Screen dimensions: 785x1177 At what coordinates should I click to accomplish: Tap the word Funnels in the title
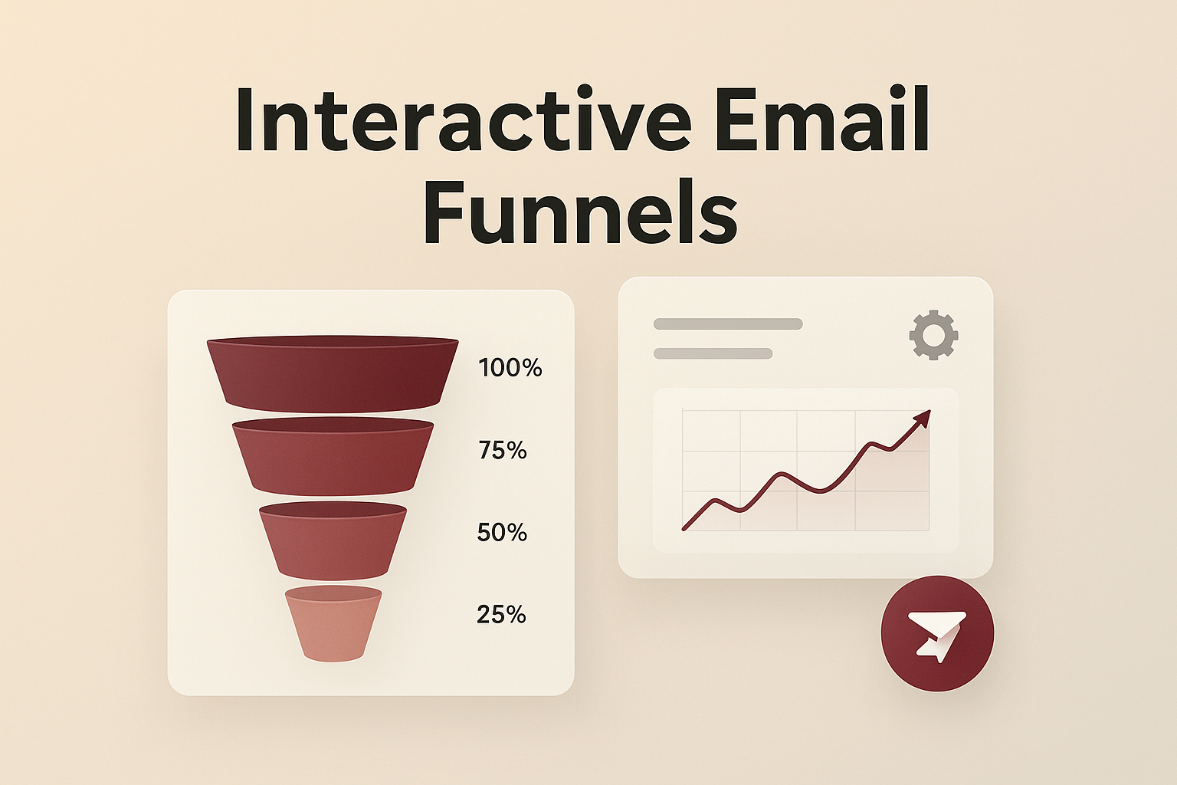(580, 209)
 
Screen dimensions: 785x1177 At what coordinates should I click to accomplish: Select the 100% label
(510, 368)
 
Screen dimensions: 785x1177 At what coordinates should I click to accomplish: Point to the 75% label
(503, 450)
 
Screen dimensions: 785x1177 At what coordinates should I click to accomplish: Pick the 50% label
(502, 532)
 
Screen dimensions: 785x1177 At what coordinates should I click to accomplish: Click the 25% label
(501, 614)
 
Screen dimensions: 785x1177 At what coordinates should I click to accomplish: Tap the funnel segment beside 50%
(333, 541)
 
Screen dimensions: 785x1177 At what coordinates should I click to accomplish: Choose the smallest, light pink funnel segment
(333, 625)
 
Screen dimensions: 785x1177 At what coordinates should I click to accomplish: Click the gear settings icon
(933, 335)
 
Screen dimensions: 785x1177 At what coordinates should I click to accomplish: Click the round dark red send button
(937, 633)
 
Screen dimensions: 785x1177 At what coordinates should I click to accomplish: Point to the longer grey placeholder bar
(728, 324)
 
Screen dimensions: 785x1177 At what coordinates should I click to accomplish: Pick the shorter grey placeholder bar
(713, 353)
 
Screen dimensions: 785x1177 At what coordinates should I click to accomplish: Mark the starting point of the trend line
(684, 528)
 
